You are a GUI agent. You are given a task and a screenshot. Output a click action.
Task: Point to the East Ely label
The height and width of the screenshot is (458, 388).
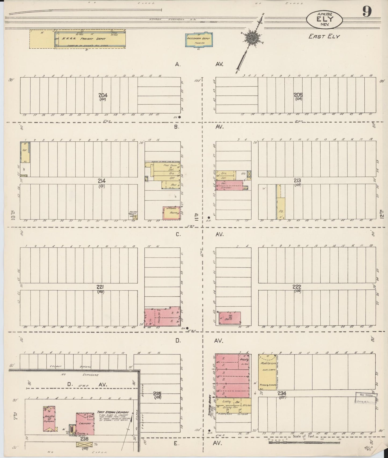click(324, 36)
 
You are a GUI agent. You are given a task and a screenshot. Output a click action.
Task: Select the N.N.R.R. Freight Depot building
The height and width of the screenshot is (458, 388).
click(90, 39)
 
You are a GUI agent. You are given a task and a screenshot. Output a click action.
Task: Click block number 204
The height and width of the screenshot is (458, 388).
click(103, 95)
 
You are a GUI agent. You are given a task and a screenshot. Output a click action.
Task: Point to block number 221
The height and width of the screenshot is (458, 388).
click(101, 287)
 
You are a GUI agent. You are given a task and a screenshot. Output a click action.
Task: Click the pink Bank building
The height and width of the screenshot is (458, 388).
click(230, 318)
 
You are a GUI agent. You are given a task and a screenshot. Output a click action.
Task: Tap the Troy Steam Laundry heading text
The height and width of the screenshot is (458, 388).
click(113, 412)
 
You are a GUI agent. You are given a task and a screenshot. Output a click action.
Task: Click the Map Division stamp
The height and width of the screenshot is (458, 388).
click(366, 398)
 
